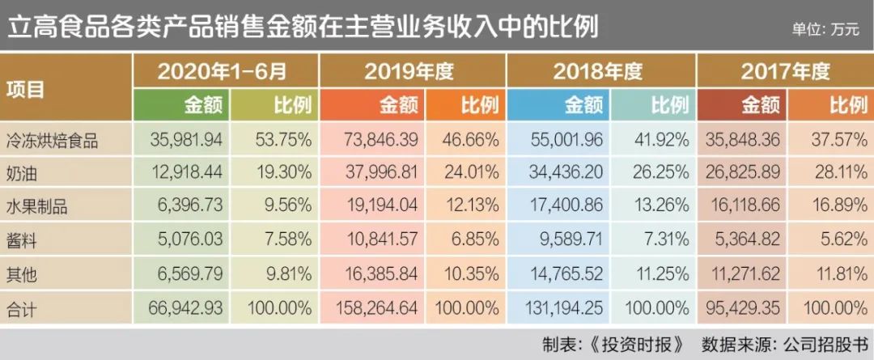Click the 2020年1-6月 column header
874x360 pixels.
point(222,71)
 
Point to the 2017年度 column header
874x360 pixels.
point(785,71)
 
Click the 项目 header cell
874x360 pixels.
point(26,89)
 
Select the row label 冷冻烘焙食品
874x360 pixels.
point(52,140)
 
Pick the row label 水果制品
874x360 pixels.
point(37,207)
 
